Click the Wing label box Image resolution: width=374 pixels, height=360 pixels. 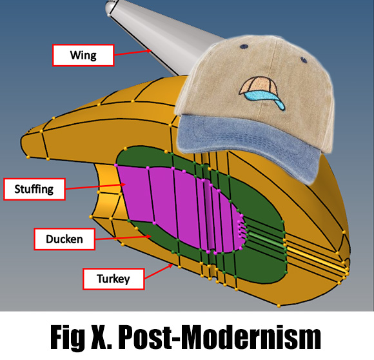click(x=83, y=55)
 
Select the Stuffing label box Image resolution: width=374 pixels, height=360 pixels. click(x=34, y=189)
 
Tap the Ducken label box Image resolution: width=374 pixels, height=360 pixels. click(x=64, y=239)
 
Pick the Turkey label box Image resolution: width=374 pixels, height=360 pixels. click(x=113, y=279)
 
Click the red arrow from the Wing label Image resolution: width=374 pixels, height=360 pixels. click(x=133, y=53)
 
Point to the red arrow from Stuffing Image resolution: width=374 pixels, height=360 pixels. click(x=95, y=186)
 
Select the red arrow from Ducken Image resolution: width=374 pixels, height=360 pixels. click(x=123, y=237)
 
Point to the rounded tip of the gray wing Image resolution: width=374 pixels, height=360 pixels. click(x=110, y=7)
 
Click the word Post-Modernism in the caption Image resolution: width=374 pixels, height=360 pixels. click(x=219, y=337)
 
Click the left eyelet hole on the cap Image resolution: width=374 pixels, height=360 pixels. click(x=244, y=46)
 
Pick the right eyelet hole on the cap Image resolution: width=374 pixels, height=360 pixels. click(x=304, y=59)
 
